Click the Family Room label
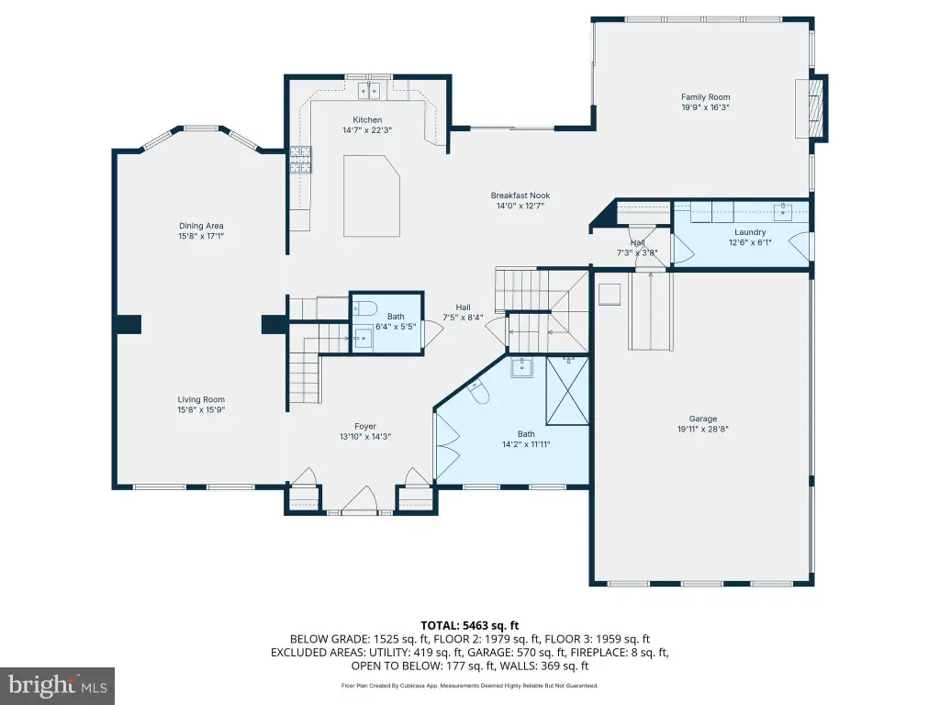[x=705, y=97]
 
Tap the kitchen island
[x=372, y=196]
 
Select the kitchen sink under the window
[x=369, y=91]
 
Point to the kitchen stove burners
[x=301, y=160]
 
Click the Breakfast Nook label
[x=520, y=196]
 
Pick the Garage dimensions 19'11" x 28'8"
[x=702, y=430]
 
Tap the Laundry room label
[x=750, y=232]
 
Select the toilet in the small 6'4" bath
[x=364, y=309]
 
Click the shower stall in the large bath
[x=567, y=391]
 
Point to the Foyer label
[x=365, y=427]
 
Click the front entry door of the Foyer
[x=360, y=500]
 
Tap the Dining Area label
[x=201, y=226]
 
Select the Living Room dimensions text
[x=201, y=410]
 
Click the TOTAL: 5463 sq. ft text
[x=469, y=626]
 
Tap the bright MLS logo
[x=58, y=685]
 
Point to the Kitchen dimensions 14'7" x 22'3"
[x=367, y=130]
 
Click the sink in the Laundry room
[x=783, y=210]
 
